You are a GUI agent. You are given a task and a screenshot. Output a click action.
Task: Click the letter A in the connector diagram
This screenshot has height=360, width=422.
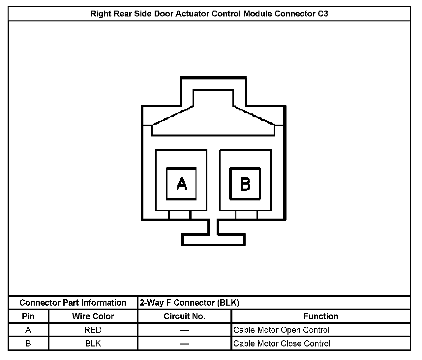[181, 184]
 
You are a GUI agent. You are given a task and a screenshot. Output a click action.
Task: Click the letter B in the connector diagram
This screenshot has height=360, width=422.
[245, 184]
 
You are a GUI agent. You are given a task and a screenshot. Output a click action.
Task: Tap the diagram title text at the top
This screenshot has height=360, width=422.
[209, 14]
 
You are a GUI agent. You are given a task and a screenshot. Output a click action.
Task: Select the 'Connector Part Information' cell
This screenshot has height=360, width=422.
[73, 303]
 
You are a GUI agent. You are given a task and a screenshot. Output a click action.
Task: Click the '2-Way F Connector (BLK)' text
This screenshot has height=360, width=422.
[189, 303]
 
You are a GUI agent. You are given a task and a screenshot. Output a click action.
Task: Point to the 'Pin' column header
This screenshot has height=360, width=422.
[28, 316]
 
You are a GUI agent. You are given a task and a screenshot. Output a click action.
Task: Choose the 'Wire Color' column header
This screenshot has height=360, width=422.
[93, 316]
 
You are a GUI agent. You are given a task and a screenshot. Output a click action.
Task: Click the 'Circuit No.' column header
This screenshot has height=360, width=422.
[184, 316]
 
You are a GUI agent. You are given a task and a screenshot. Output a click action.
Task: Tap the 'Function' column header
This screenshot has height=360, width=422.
[321, 316]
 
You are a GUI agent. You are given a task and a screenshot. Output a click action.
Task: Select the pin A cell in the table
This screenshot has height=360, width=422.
[28, 330]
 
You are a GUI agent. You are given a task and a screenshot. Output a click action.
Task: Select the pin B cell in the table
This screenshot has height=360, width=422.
[28, 344]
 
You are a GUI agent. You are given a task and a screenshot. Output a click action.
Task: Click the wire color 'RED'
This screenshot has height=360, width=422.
[93, 330]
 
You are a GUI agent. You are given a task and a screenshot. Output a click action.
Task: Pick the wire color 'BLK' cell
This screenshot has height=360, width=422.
[93, 344]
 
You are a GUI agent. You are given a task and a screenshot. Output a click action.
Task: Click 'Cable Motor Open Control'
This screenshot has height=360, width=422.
[281, 330]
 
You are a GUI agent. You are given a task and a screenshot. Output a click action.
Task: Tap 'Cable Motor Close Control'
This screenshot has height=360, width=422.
[282, 344]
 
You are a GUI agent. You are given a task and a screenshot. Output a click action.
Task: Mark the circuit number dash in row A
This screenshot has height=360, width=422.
[185, 330]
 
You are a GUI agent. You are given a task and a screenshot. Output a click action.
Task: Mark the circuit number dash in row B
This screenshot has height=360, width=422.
[185, 344]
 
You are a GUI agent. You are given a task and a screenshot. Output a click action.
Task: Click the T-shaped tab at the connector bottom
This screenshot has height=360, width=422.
[213, 239]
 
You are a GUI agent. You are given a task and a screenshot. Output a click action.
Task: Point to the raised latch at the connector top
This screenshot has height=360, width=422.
[213, 84]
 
